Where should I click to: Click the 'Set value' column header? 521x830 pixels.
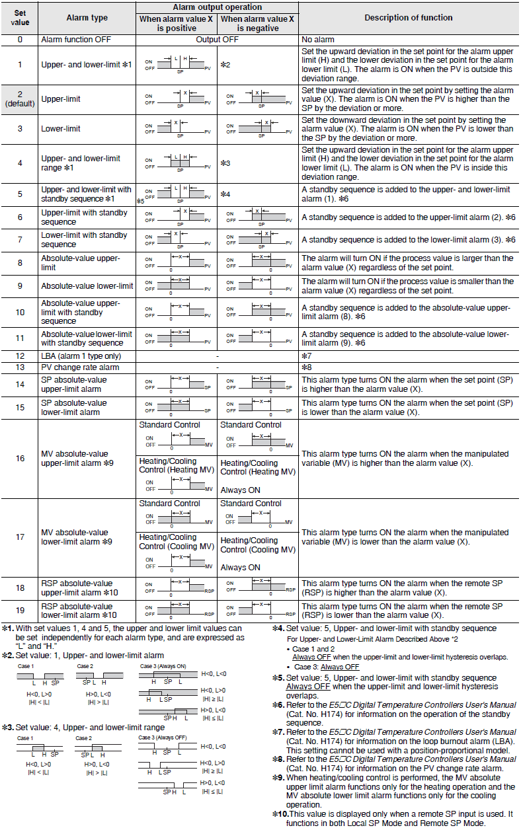(20, 17)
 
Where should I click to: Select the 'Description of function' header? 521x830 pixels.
(408, 18)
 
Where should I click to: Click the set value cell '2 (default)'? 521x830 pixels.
(20, 99)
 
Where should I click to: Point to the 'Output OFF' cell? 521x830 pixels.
(217, 40)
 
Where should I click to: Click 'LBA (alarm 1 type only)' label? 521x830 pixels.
(81, 356)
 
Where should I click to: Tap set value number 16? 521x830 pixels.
(20, 457)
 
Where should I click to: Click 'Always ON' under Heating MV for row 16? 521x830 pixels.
(240, 490)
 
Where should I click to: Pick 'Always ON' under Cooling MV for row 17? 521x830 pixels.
(240, 568)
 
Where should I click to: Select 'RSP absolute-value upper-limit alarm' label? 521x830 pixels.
(77, 588)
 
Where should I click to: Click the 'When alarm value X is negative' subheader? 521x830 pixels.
(257, 24)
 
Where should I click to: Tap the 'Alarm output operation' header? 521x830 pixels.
(217, 7)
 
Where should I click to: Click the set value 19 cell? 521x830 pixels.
(20, 611)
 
